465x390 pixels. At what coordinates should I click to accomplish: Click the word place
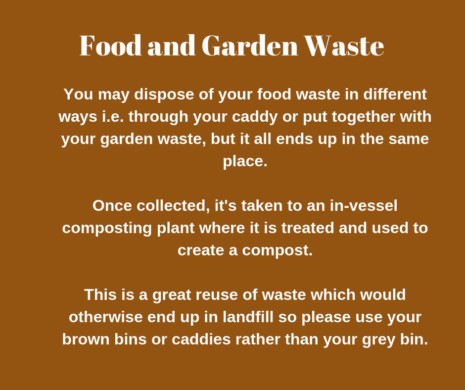coord(245,161)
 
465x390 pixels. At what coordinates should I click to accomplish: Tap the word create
coord(200,250)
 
